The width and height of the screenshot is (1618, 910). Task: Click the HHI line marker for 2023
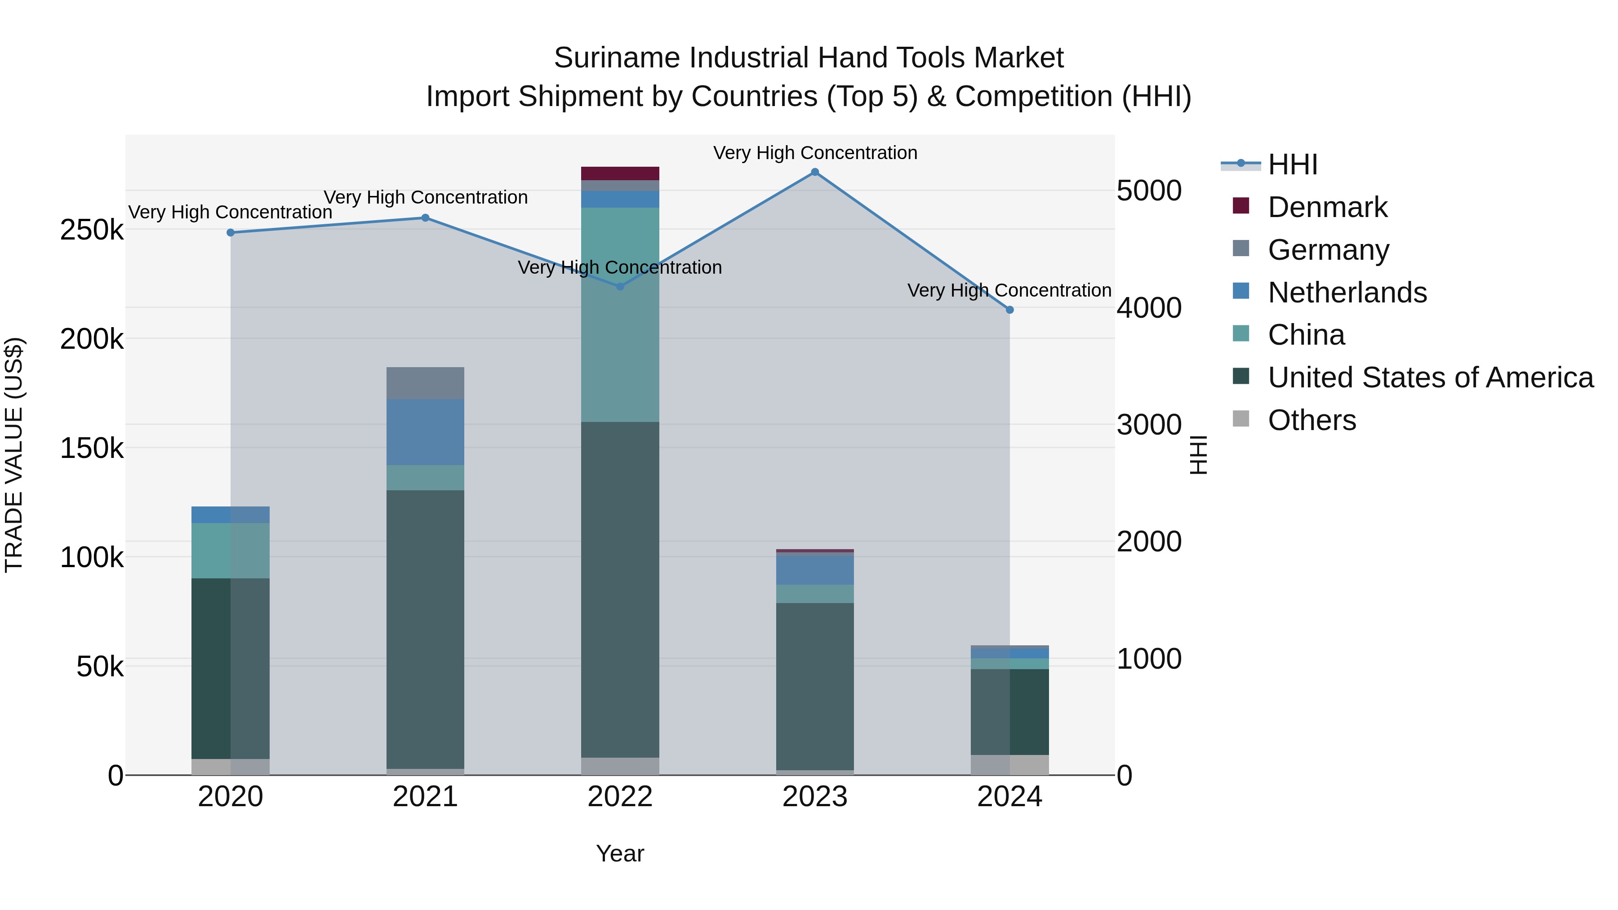point(815,172)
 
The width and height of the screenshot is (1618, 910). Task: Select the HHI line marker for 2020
point(231,232)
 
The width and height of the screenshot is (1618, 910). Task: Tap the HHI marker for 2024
point(1010,310)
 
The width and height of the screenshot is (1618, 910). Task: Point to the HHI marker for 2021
point(425,218)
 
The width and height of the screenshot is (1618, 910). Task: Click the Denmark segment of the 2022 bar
point(620,173)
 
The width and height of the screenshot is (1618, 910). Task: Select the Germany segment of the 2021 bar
point(425,383)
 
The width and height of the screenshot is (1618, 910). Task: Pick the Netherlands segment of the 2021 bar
point(425,432)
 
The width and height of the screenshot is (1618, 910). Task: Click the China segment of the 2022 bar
point(620,314)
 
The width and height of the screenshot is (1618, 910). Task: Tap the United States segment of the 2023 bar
point(815,686)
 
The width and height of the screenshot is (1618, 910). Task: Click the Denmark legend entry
point(1327,207)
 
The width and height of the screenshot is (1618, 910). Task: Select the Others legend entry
point(1311,420)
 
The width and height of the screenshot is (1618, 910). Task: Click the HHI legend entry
point(1292,164)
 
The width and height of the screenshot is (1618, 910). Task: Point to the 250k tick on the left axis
point(92,230)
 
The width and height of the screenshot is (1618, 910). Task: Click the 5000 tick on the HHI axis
point(1149,191)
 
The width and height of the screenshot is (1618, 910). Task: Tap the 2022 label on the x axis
point(620,797)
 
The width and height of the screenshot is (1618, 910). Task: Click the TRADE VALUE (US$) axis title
point(14,455)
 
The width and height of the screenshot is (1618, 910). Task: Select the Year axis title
point(620,853)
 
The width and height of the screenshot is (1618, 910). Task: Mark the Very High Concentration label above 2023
point(815,153)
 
